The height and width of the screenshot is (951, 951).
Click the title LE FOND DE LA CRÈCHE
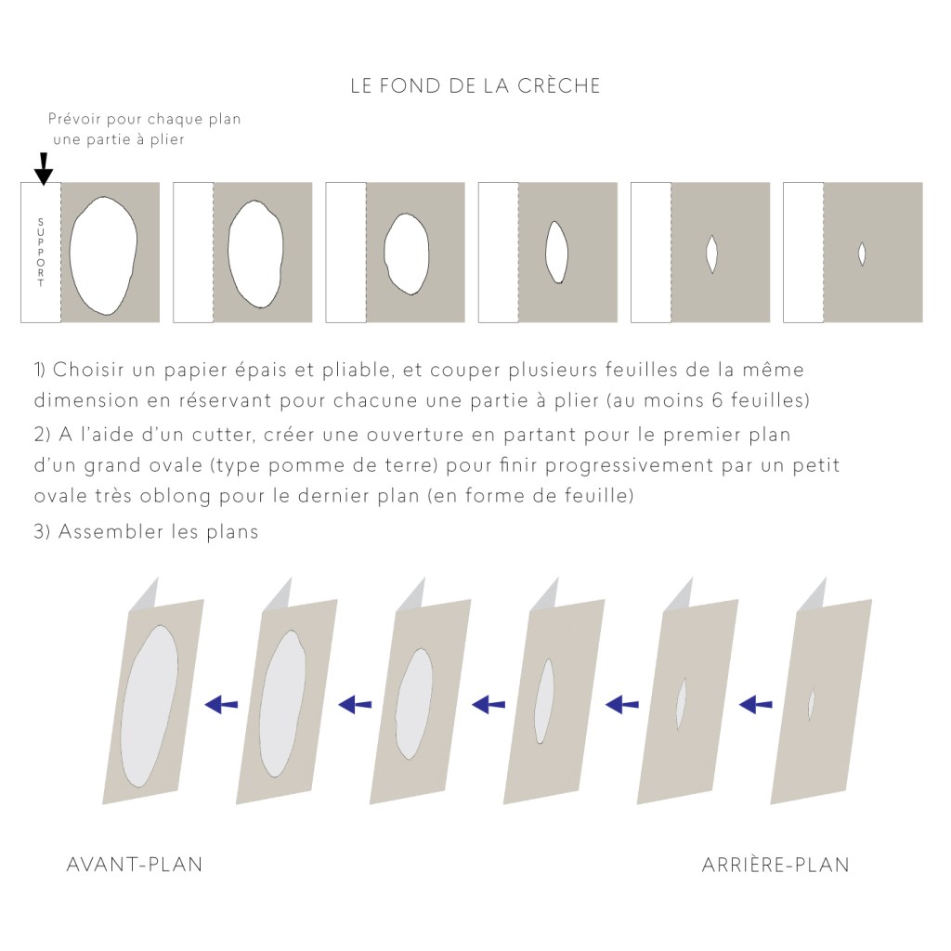pos(475,85)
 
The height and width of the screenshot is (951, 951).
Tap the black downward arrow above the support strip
pos(43,169)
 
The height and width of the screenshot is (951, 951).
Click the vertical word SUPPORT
pos(41,253)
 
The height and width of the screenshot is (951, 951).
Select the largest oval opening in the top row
pos(103,255)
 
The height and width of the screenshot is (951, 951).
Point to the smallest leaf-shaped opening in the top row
pos(862,254)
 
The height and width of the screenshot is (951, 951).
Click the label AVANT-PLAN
pos(134,865)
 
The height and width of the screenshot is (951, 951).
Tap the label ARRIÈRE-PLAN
pos(775,865)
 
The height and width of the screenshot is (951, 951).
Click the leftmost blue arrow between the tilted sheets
pos(221,704)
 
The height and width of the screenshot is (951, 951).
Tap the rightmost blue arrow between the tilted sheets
pos(756,704)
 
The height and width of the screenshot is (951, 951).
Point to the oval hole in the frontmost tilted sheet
pos(150,707)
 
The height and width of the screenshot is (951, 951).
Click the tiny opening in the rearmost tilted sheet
pos(811,704)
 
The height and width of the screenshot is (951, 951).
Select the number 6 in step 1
pos(718,400)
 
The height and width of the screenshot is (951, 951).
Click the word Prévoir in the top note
pos(74,119)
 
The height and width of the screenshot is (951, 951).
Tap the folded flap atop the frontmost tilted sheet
pos(144,595)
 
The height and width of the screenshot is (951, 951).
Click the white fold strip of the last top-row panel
pos(803,253)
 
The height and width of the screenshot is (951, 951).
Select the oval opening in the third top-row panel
pos(407,254)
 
